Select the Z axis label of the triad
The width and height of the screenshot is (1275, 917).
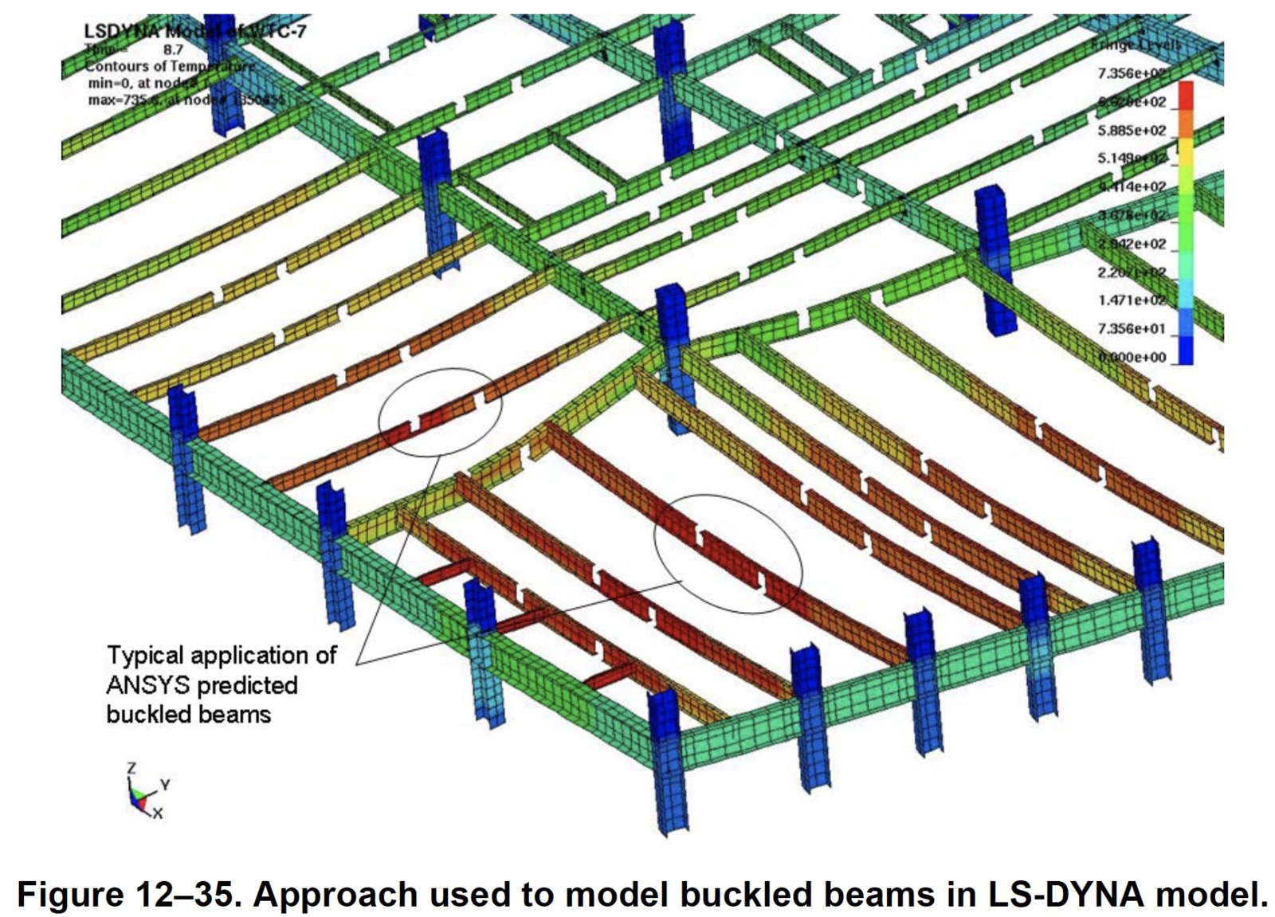131,768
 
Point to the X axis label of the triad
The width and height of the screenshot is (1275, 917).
158,813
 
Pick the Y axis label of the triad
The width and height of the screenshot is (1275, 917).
165,785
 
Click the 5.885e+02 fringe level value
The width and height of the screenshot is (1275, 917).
1132,130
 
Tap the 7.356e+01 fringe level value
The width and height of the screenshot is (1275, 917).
1132,328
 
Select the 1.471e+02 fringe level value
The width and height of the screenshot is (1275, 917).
1132,300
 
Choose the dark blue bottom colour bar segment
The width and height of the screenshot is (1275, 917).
1186,351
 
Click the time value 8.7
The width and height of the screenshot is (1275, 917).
173,49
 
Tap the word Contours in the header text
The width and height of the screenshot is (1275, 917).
115,66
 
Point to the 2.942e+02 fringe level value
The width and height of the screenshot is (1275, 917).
1132,244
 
